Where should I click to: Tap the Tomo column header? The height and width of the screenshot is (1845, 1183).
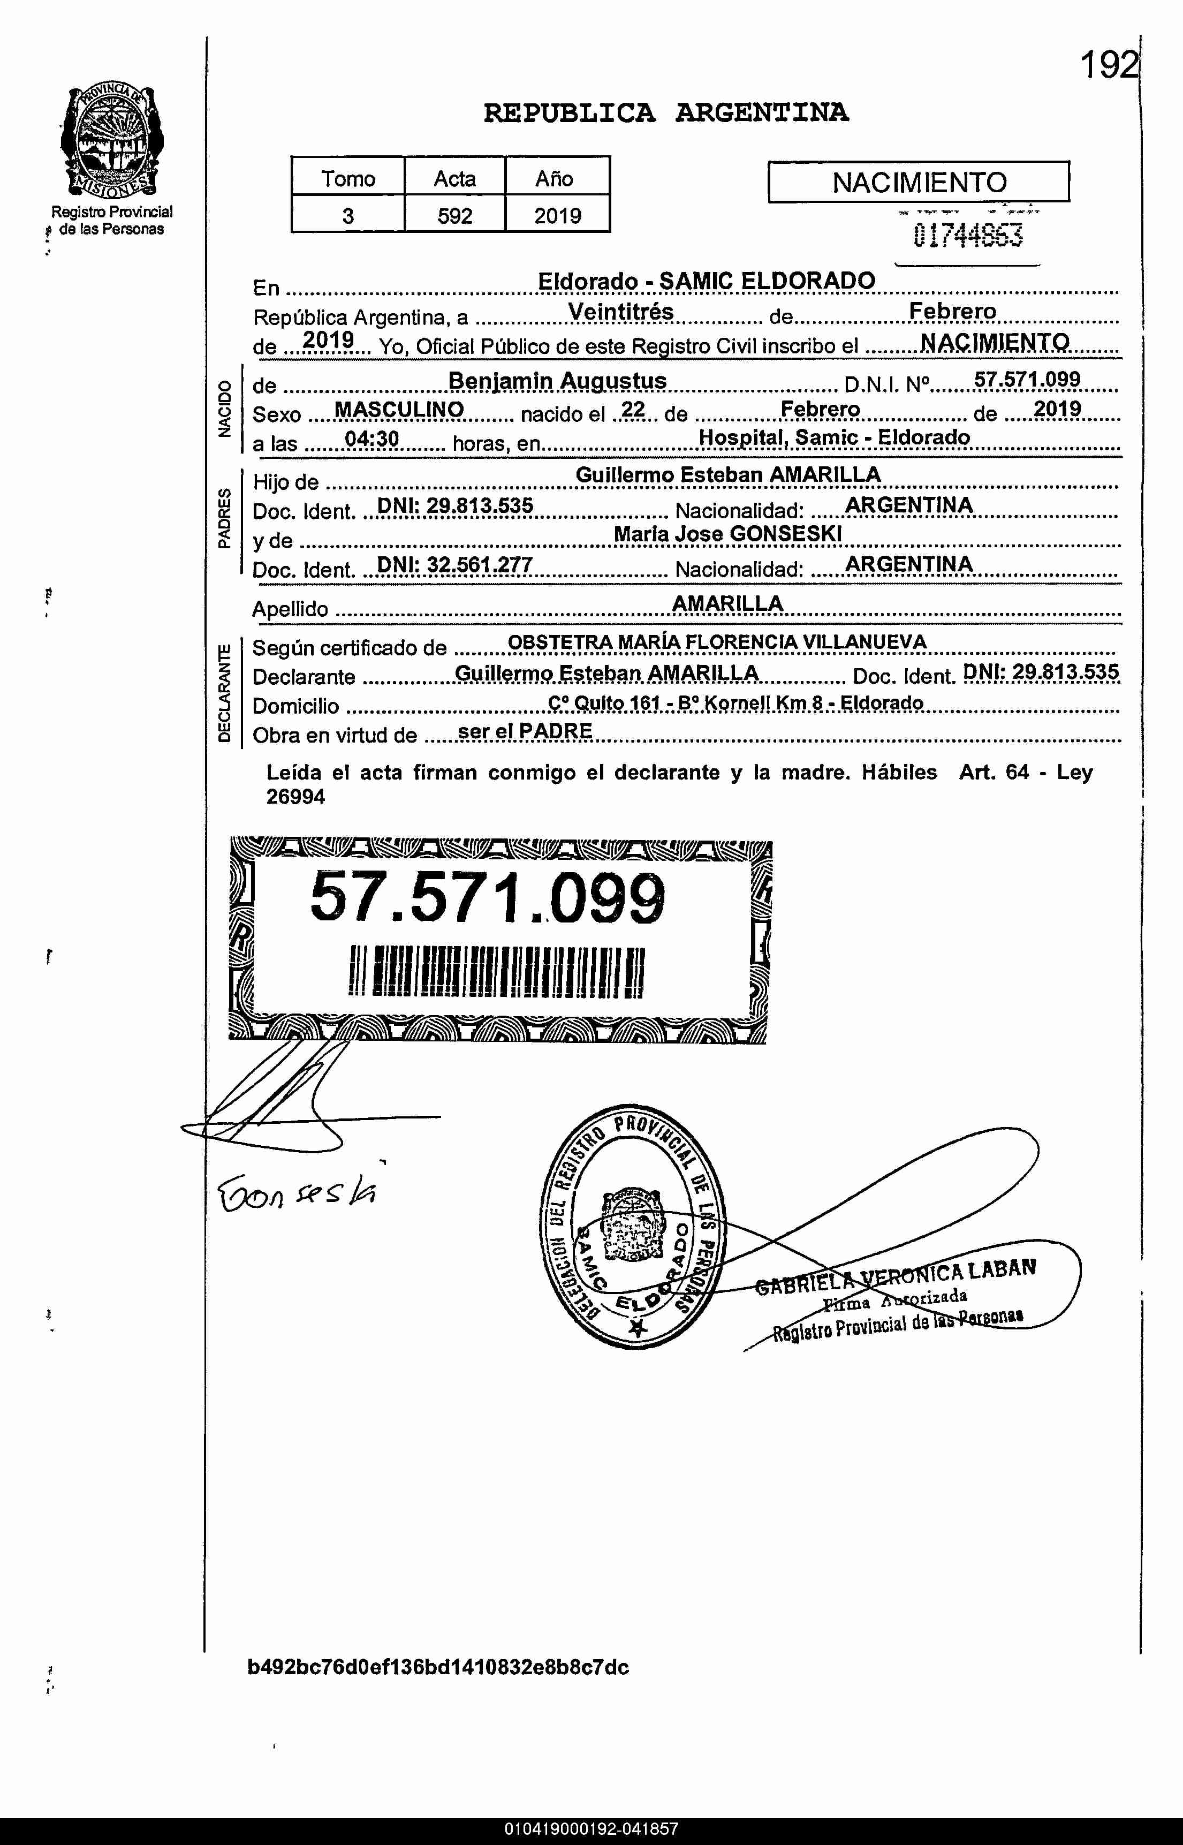click(348, 178)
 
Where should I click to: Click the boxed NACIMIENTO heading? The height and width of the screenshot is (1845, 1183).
click(919, 182)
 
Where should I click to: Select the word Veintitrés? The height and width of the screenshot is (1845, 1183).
click(621, 312)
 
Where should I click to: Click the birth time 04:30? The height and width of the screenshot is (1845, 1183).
click(372, 438)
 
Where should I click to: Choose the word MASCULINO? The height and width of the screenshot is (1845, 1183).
click(399, 410)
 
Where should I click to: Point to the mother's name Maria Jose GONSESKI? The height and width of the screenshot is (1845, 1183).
click(727, 534)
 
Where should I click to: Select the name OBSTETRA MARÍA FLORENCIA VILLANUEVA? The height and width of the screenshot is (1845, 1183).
click(717, 642)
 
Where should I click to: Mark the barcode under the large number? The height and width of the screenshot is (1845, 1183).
click(496, 972)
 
